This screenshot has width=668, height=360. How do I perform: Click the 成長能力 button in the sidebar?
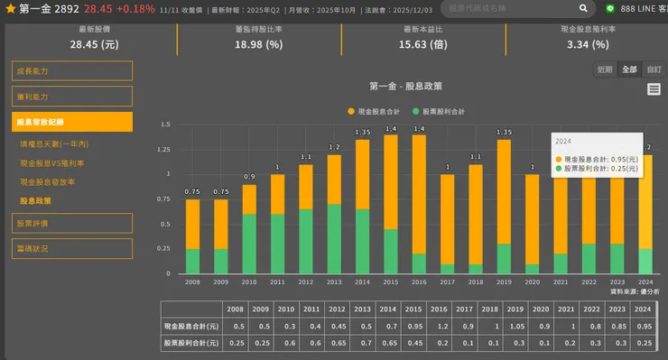pyautogui.click(x=72, y=71)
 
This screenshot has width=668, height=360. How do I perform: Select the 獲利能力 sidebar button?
pyautogui.click(x=72, y=97)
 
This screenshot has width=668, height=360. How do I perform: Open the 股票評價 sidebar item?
pyautogui.click(x=72, y=223)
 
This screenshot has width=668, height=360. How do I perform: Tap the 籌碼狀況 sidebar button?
pyautogui.click(x=72, y=248)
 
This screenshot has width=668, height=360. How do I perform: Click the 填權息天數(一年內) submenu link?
pyautogui.click(x=54, y=144)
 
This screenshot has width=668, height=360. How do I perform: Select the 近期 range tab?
pyautogui.click(x=605, y=69)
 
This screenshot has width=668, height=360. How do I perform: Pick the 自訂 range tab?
pyautogui.click(x=654, y=69)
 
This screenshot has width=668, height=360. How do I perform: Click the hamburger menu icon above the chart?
pyautogui.click(x=654, y=89)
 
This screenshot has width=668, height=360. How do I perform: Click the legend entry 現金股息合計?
pyautogui.click(x=374, y=111)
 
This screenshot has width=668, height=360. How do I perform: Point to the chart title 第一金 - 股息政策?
pyautogui.click(x=405, y=87)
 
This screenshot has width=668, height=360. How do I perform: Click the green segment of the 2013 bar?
pyautogui.click(x=334, y=239)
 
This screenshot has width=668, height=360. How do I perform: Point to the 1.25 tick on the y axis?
pyautogui.click(x=163, y=150)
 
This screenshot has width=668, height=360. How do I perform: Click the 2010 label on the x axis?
pyautogui.click(x=248, y=282)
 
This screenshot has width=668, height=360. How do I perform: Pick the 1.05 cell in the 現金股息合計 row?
pyautogui.click(x=516, y=325)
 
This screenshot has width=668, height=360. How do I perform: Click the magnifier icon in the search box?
pyautogui.click(x=584, y=8)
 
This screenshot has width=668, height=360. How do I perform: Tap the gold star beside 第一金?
pyautogui.click(x=10, y=8)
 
